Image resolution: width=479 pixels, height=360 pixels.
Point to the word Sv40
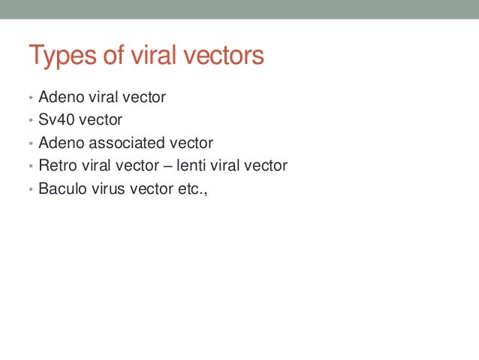pos(55,119)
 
